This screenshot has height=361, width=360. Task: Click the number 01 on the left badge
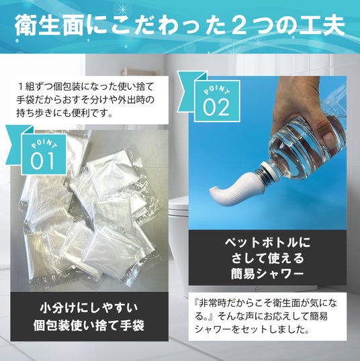(42, 161)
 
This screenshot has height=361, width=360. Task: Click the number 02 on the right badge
(216, 107)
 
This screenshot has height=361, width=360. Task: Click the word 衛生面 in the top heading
(49, 25)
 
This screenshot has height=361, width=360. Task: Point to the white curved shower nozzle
(234, 188)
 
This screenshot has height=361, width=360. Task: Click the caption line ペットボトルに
(267, 242)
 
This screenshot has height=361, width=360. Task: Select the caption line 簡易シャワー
(267, 274)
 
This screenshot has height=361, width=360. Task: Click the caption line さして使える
(267, 258)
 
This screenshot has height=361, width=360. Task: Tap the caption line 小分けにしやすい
(89, 309)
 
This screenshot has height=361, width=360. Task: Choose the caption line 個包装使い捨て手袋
(89, 325)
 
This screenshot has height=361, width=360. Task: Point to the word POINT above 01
(44, 144)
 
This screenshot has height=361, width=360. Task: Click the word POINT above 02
(217, 90)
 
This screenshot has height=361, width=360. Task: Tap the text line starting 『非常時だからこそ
(266, 303)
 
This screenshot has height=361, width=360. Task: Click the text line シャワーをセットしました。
(252, 329)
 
